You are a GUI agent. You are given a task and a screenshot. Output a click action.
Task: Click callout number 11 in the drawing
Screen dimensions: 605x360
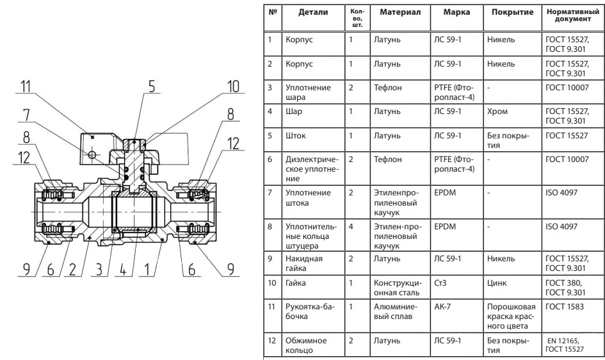pos(26,86)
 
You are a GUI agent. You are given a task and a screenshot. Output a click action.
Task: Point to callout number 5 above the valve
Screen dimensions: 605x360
pos(152,86)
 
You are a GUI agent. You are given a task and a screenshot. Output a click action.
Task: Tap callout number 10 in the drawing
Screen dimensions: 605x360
pos(234,86)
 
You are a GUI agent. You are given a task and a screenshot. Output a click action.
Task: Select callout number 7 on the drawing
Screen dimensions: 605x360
pos(26,115)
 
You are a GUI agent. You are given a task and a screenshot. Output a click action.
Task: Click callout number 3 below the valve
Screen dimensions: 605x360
pos(99,269)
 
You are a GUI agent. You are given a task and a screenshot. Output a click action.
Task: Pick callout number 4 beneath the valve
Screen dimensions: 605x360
pos(123,269)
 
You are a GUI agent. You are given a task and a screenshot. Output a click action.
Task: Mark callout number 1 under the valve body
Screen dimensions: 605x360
pos(147,269)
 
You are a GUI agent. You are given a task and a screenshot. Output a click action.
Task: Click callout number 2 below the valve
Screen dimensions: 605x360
pos(72,269)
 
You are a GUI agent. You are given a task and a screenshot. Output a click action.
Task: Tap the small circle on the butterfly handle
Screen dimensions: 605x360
pos(92,155)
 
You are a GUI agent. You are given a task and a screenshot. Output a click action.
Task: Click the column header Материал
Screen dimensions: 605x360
pos(400,12)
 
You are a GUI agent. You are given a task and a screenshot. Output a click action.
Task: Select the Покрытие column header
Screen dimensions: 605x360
pos(512,12)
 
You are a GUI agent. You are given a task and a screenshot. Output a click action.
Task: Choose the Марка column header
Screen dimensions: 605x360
pos(456,12)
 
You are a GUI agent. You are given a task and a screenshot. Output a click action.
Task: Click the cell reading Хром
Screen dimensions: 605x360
pos(497,111)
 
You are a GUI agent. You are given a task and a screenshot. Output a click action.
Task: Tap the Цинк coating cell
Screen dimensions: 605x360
pos(497,283)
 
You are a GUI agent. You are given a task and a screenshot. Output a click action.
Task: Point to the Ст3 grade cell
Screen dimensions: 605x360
pos(440,283)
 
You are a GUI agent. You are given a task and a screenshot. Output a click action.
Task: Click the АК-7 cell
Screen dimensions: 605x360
pos(442,307)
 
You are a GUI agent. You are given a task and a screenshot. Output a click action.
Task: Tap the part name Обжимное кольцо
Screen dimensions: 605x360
pos(306,345)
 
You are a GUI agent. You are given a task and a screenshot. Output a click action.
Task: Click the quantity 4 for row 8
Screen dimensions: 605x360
pos(351,227)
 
